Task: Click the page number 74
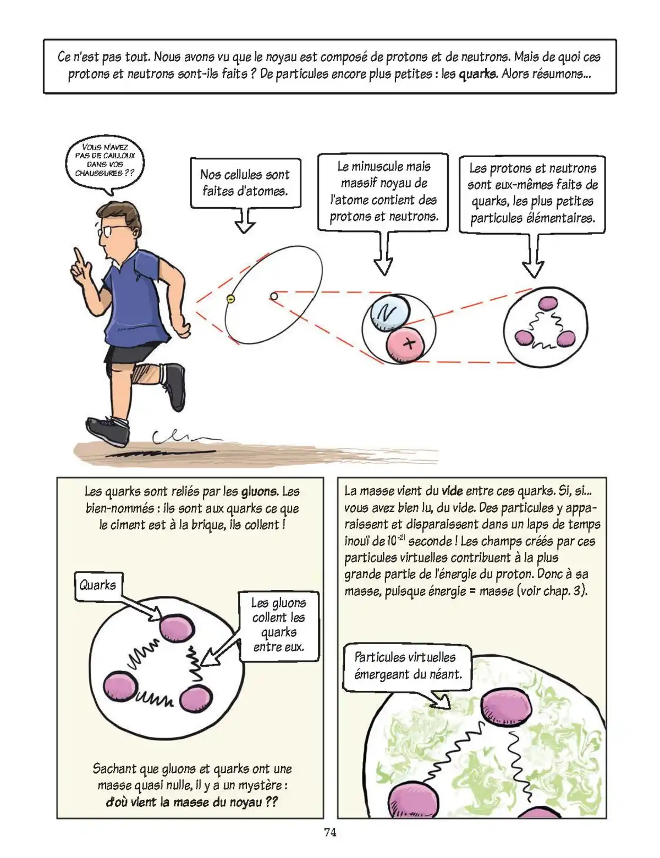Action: point(330,832)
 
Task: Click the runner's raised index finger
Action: point(79,257)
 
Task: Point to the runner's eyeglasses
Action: point(105,231)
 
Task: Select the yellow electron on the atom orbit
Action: point(230,298)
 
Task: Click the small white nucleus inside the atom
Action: point(274,297)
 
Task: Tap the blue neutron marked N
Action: point(389,314)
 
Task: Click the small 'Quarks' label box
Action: point(98,585)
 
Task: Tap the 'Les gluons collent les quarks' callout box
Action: point(278,624)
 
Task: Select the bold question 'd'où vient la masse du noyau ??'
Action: point(191,802)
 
